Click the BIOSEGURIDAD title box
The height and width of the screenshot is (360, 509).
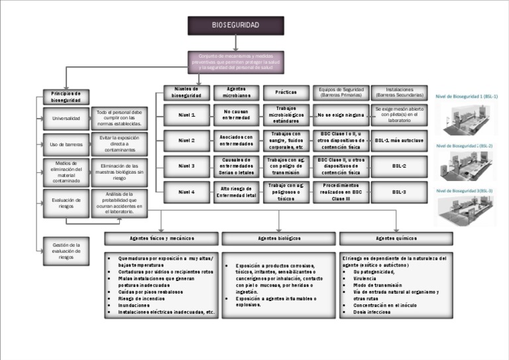click(235, 25)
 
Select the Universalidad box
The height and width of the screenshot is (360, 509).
click(66, 119)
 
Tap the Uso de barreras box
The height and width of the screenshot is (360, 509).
click(66, 143)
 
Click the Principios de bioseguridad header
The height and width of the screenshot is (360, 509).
click(66, 97)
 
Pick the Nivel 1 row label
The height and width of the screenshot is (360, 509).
click(187, 115)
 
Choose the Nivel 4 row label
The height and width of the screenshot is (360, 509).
click(187, 192)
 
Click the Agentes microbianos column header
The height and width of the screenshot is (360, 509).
click(237, 92)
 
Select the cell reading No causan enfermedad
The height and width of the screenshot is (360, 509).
click(237, 115)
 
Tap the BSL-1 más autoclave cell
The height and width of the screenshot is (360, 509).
click(399, 141)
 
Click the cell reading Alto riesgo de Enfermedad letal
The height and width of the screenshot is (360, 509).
click(237, 192)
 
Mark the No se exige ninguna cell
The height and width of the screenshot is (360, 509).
click(341, 115)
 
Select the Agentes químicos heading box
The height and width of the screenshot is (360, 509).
click(396, 238)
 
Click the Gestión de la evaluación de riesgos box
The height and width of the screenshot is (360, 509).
click(66, 251)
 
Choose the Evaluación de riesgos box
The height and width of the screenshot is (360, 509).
click(66, 202)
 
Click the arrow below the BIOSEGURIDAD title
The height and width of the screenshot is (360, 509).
click(236, 43)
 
